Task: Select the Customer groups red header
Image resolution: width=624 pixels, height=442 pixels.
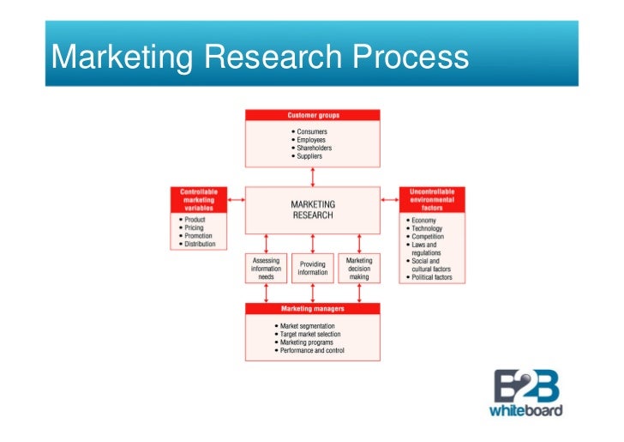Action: click(312, 115)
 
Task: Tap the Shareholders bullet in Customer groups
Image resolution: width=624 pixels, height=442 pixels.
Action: click(314, 148)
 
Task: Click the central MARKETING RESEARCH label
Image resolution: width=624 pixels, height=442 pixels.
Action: click(313, 210)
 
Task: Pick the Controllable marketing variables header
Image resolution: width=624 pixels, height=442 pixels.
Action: click(198, 200)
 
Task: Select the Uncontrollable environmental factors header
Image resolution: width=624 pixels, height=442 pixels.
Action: click(432, 200)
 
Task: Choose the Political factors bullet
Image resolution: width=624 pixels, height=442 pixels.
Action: click(432, 279)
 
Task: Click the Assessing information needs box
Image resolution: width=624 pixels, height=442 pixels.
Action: click(266, 269)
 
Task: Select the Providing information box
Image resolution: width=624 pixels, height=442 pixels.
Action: click(312, 269)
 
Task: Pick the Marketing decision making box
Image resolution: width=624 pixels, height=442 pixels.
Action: click(359, 269)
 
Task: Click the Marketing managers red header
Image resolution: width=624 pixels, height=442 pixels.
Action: click(312, 309)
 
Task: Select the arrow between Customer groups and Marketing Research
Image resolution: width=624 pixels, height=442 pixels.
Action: click(313, 177)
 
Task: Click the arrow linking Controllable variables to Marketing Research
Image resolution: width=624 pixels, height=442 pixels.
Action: click(231, 203)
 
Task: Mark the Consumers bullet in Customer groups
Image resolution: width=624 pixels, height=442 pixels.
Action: click(311, 131)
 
